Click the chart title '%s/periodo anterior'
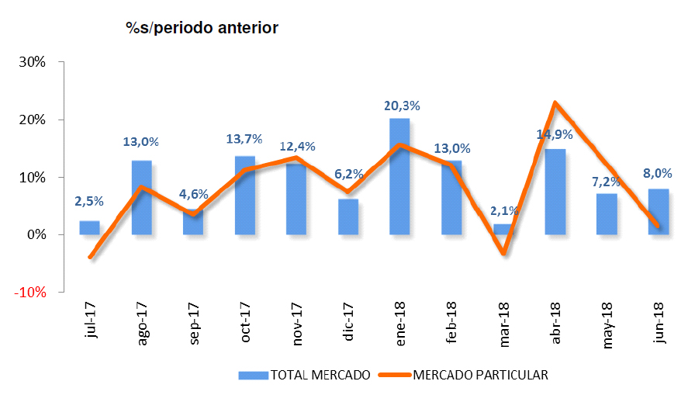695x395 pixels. point(202,29)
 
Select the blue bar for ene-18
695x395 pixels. point(399,177)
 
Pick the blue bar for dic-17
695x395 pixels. point(348,217)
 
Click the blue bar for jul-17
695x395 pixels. point(89,227)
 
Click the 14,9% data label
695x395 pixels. point(555,134)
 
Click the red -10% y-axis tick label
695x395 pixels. point(33,293)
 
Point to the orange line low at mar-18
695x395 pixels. point(503,253)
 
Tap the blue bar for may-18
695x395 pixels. point(607,214)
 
